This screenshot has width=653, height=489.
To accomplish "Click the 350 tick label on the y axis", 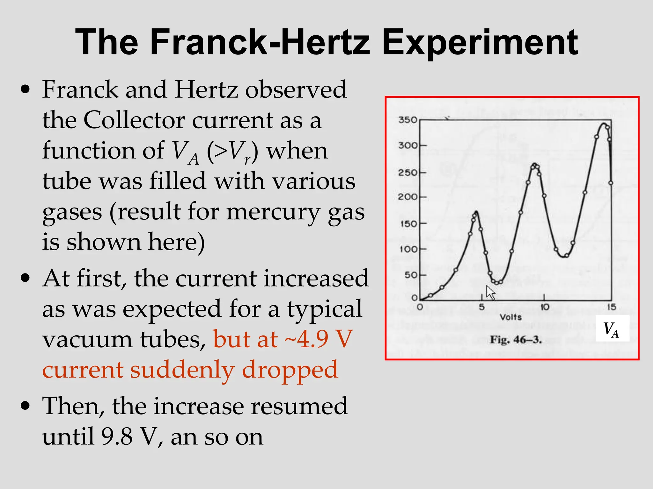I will [407, 120].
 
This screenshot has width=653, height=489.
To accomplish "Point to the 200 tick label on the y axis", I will [407, 197].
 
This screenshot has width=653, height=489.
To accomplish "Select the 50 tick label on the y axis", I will [411, 275].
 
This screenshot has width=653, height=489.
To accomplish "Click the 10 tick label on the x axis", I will [545, 307].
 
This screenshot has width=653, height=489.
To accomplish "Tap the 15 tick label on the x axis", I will [611, 307].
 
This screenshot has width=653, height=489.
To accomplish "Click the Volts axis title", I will [510, 317].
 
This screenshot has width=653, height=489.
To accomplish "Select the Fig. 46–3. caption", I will [516, 340].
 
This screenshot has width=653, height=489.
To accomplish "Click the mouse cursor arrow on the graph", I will [490, 292].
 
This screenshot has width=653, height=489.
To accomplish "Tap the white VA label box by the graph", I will [612, 329].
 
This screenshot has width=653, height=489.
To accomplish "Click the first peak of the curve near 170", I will [476, 212].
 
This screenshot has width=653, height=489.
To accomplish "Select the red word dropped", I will [290, 370].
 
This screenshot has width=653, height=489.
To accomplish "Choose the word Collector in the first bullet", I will [134, 120].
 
